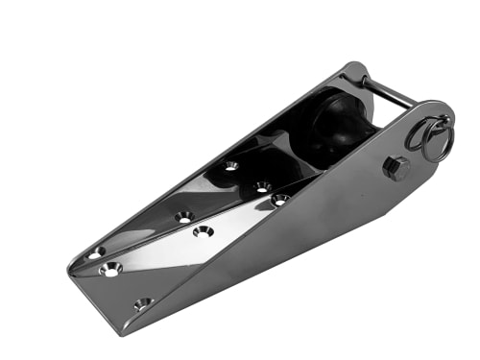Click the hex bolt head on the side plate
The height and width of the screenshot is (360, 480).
396,168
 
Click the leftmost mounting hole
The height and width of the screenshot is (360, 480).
96,252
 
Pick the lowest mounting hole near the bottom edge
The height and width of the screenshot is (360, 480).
143,303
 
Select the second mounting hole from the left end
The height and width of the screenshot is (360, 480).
111,269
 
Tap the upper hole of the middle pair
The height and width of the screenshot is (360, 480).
184,217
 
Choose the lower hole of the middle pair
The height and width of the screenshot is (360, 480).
203,231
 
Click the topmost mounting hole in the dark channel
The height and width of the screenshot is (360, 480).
231,165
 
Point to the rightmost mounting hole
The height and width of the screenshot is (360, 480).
280,200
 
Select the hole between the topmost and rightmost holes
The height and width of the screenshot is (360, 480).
262,187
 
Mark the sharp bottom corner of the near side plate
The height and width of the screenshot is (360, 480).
125,331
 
